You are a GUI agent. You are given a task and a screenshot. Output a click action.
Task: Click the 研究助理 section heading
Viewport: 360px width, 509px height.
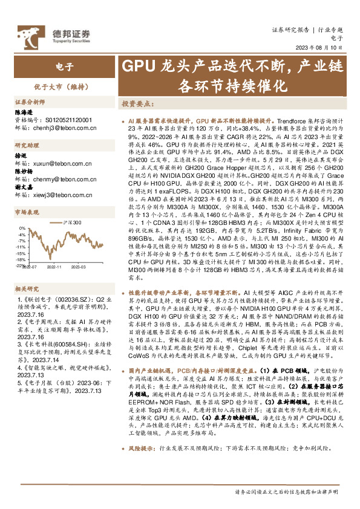click(27, 146)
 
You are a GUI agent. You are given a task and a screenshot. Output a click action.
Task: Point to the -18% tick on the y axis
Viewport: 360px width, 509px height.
click(21, 259)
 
